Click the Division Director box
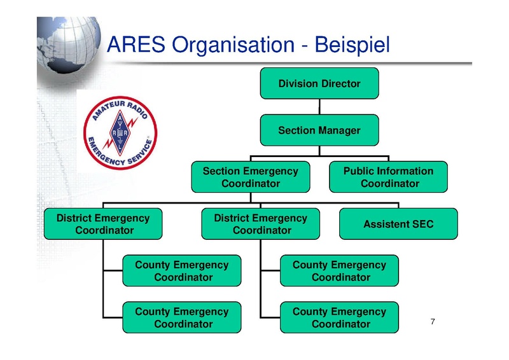tap(319, 83)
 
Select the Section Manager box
tap(319, 130)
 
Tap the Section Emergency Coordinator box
tap(251, 177)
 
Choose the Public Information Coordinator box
tap(389, 177)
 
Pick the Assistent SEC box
tap(399, 224)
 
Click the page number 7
tap(433, 321)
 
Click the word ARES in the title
tap(136, 44)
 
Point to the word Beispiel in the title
tap(352, 45)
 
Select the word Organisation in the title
tap(233, 45)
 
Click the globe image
tap(69, 45)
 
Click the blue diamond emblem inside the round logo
tap(120, 133)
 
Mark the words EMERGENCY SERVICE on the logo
tap(120, 152)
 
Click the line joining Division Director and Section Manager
tap(319, 106)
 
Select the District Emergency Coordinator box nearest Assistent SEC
tap(261, 224)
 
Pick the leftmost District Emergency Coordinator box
tap(103, 224)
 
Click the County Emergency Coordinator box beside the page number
tap(340, 317)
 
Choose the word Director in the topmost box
tap(341, 83)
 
